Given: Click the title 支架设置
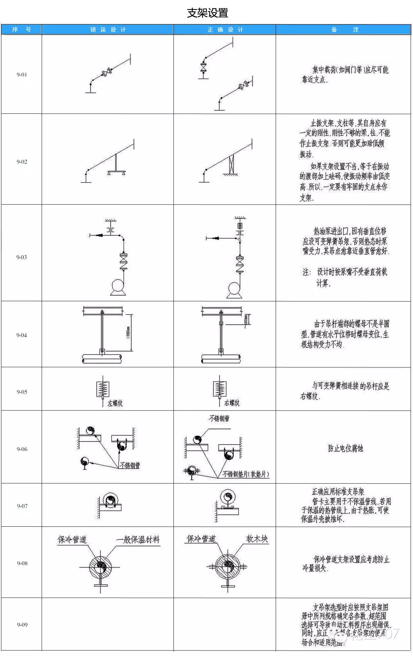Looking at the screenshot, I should tap(208, 13).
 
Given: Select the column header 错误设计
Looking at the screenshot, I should tap(108, 30).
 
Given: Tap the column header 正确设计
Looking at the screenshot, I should tap(225, 30).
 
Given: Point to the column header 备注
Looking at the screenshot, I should tap(345, 30).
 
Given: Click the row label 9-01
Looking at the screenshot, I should tap(22, 75).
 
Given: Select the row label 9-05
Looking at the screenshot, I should tap(22, 392).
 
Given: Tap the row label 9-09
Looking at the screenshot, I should tap(22, 625).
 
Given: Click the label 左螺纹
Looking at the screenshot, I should tap(115, 403).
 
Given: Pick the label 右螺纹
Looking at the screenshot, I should tap(232, 403).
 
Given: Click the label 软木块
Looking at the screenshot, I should tap(257, 539).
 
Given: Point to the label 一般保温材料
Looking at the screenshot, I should tap(138, 539).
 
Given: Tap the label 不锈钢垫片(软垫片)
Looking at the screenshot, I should tap(246, 474).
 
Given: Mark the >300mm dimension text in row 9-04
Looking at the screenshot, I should tap(128, 332).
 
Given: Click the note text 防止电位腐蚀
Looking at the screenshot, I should tap(346, 448).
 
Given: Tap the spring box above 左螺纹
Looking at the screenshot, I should tap(103, 389).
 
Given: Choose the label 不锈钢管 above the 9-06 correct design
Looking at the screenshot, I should tap(219, 418).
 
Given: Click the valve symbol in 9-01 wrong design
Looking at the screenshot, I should tap(107, 73).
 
